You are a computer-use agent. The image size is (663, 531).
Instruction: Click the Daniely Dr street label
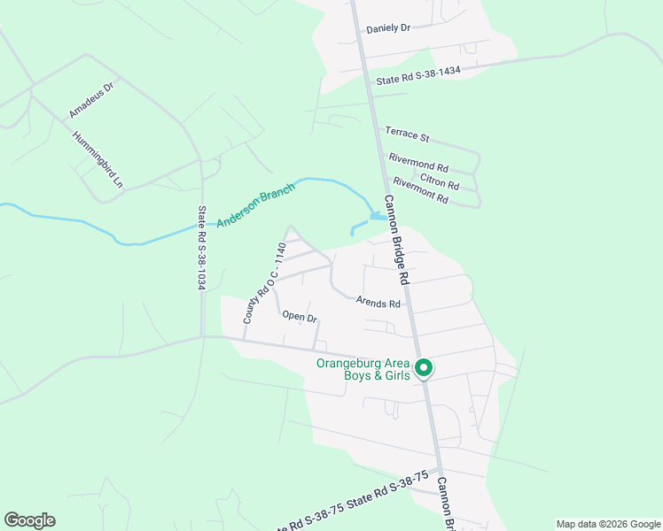tap(388, 28)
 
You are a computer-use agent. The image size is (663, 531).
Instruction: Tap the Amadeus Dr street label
tap(92, 101)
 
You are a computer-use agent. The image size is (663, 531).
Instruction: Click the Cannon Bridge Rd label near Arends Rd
tap(396, 239)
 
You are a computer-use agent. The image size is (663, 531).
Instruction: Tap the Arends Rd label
tap(378, 303)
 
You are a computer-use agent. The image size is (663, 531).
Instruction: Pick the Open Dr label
tap(300, 316)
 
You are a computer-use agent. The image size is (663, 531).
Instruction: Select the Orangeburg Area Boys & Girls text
tap(364, 370)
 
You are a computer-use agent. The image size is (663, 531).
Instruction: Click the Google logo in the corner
tap(29, 520)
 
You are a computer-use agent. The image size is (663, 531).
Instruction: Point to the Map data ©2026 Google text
tap(607, 524)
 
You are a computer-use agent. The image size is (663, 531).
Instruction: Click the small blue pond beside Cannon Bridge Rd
tap(377, 216)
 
